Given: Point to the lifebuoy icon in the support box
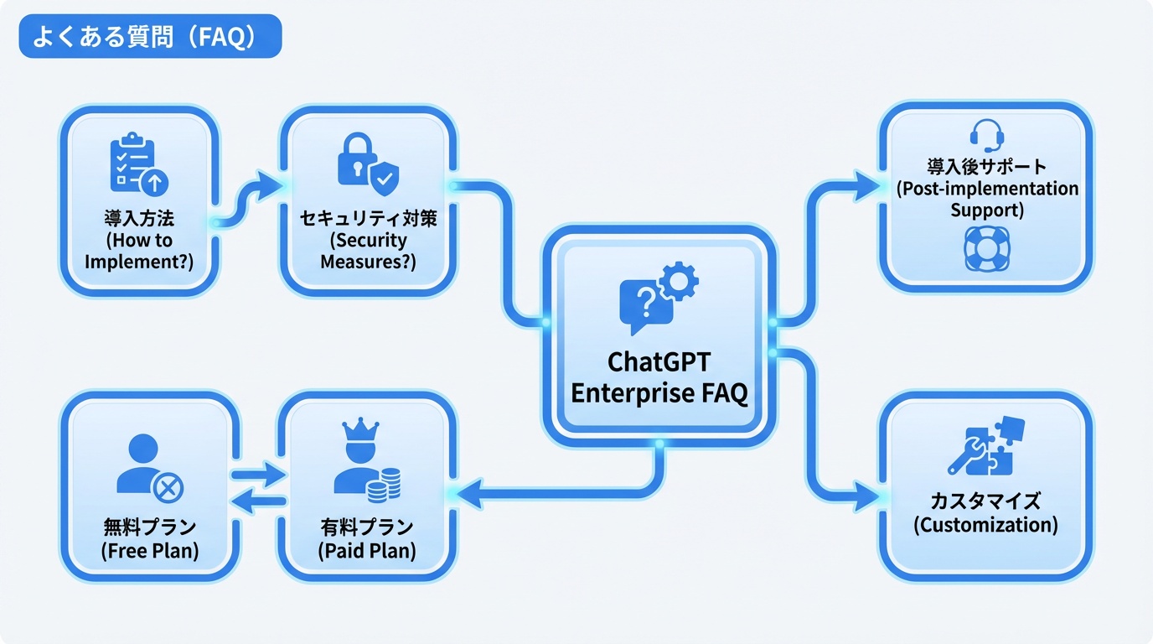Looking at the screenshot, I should coord(986,247).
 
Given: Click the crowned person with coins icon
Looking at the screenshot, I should coord(366,459).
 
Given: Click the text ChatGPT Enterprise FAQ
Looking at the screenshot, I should coord(659,377).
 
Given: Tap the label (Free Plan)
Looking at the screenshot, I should coord(149,551).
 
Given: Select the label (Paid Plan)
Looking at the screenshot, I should coord(366,551).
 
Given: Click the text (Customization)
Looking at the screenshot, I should coord(985,526).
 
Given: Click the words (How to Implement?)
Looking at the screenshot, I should coord(139,251).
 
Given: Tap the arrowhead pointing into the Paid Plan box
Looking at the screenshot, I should coord(468,494).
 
